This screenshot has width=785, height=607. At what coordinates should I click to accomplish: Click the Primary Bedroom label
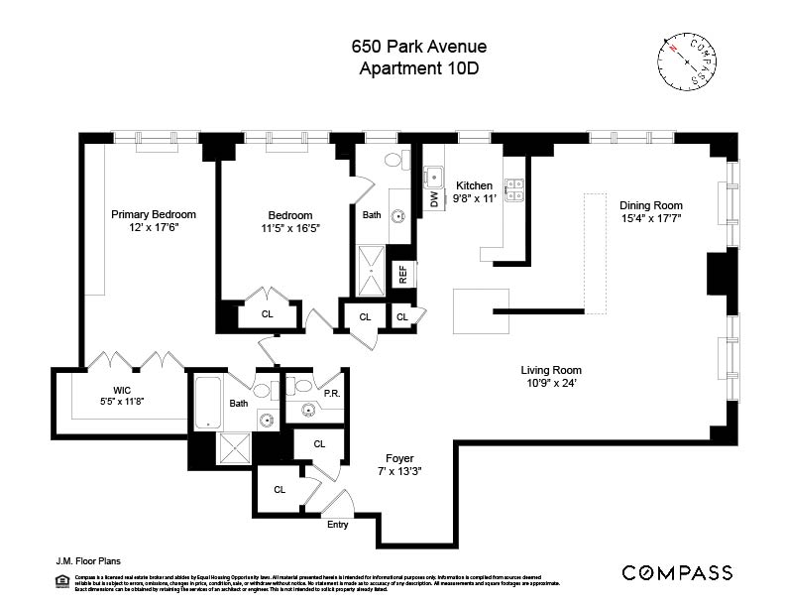click(x=153, y=214)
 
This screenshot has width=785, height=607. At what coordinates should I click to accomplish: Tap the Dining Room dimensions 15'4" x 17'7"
click(x=651, y=218)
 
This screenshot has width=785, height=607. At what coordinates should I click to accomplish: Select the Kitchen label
click(x=474, y=185)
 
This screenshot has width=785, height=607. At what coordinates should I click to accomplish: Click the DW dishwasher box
click(x=434, y=198)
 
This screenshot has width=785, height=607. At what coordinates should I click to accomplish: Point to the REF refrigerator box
click(x=402, y=275)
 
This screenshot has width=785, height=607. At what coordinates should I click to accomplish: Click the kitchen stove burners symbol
click(x=514, y=189)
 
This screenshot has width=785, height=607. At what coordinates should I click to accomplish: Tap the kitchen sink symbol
click(x=434, y=177)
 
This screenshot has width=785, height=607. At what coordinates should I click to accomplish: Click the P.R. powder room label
click(x=332, y=393)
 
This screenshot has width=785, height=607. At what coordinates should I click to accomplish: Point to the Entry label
click(x=337, y=525)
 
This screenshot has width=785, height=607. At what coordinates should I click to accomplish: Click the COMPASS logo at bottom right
click(x=677, y=572)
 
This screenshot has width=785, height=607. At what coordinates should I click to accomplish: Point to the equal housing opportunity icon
click(x=52, y=579)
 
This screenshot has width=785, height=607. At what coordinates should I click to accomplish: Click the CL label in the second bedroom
click(x=267, y=314)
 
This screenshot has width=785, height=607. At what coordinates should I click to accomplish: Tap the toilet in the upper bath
click(x=393, y=161)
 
